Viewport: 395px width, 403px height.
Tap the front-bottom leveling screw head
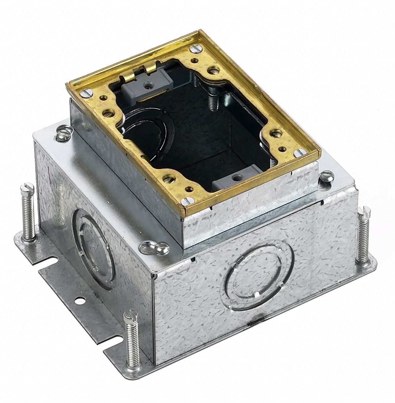[129, 318]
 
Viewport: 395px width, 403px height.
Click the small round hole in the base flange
[80, 299]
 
